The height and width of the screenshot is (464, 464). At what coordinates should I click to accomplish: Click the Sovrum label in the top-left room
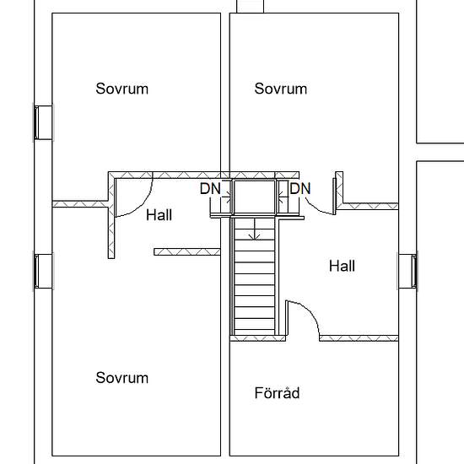122,89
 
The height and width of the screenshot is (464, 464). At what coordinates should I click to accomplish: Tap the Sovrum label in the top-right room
281,89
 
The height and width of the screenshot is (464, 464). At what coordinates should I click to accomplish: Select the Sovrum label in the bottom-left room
122,378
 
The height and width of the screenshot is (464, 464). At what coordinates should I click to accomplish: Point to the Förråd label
277,392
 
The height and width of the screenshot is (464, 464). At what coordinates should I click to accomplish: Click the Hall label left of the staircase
159,215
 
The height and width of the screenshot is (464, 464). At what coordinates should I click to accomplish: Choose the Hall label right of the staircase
342,266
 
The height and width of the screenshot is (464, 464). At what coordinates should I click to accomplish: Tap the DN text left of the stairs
210,188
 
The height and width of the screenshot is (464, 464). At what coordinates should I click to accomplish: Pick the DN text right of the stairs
300,188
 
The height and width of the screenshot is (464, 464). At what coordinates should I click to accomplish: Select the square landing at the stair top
255,197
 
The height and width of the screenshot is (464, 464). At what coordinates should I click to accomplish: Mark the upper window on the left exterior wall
43,122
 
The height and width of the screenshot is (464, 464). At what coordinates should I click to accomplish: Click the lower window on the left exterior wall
43,271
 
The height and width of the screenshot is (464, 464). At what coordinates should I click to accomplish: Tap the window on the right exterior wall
407,271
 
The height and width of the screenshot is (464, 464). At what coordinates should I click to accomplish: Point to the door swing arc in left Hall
143,204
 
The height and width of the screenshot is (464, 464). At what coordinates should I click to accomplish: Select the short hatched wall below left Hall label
187,252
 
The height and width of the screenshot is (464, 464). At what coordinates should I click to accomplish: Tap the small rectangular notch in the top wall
250,6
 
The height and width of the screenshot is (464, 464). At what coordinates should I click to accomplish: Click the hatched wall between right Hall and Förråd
359,338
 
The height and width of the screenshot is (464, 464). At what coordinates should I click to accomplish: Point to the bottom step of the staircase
255,332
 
